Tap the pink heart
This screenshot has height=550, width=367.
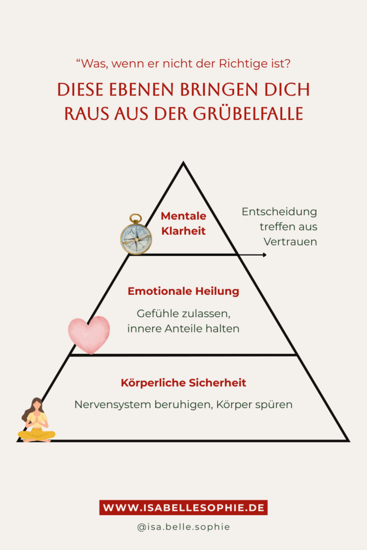pyautogui.click(x=89, y=335)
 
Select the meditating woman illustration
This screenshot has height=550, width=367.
pyautogui.click(x=37, y=420)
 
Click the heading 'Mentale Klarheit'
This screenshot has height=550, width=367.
pyautogui.click(x=184, y=223)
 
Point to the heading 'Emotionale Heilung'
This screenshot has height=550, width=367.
pyautogui.click(x=184, y=291)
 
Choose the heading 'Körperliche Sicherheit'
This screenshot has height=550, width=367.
pyautogui.click(x=184, y=382)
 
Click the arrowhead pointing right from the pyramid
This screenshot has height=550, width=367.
pyautogui.click(x=264, y=255)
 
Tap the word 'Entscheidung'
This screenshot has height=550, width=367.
pyautogui.click(x=279, y=212)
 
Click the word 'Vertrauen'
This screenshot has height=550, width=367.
pyautogui.click(x=291, y=242)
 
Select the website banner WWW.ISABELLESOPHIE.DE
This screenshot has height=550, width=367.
pyautogui.click(x=184, y=508)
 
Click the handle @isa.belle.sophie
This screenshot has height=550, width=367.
pyautogui.click(x=184, y=527)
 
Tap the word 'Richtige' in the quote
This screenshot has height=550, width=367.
pyautogui.click(x=239, y=64)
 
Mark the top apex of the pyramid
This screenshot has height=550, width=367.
pyautogui.click(x=183, y=162)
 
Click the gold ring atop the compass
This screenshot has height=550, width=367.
pyautogui.click(x=135, y=218)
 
